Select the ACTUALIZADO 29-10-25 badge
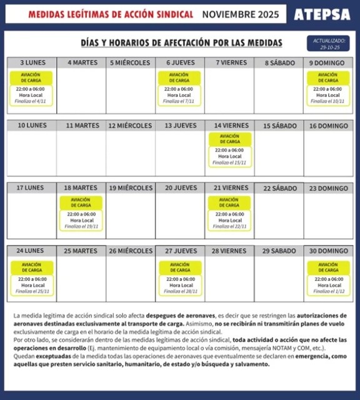(x=327, y=44)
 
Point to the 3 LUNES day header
(x=32, y=63)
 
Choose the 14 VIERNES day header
(x=231, y=126)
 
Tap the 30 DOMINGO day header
(x=328, y=251)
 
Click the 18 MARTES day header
(x=81, y=188)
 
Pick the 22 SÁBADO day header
(x=279, y=188)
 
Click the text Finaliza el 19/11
(x=82, y=226)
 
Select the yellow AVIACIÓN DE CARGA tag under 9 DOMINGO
(x=328, y=77)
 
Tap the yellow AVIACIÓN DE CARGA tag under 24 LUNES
(x=32, y=267)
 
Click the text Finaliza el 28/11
(x=180, y=291)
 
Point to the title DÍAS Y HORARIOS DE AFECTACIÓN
(x=181, y=43)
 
